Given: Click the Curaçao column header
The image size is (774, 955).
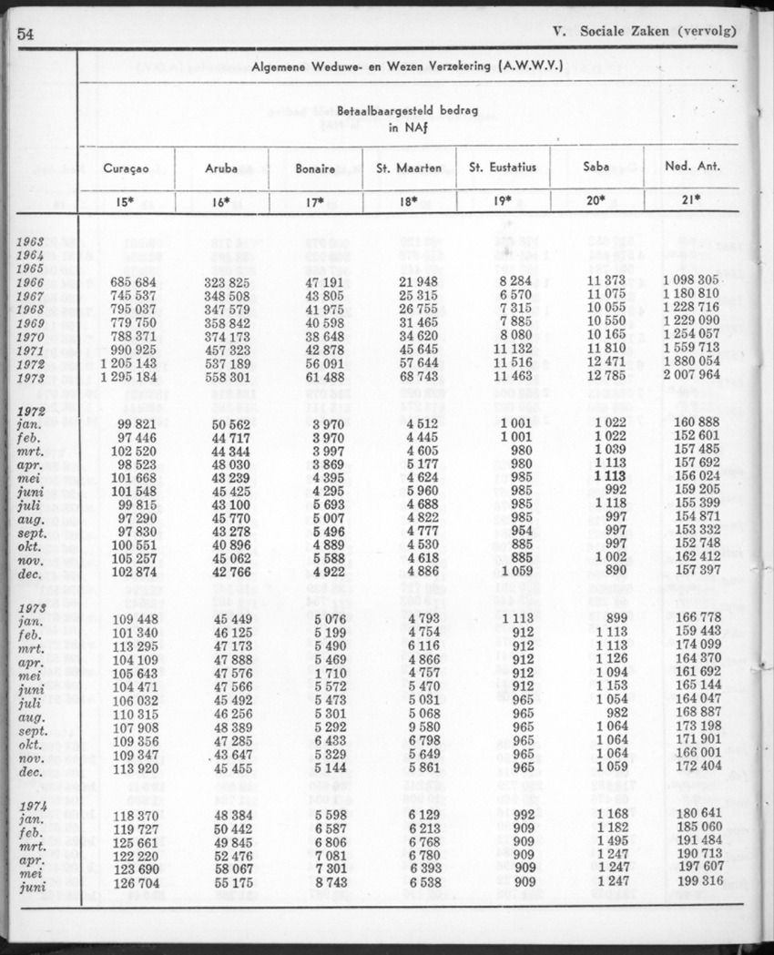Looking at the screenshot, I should [x=126, y=168].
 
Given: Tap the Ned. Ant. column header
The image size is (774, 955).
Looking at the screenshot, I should [x=689, y=168].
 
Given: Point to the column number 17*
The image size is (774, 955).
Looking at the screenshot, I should [x=316, y=203].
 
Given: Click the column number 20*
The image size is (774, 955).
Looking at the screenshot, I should [x=596, y=202].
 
